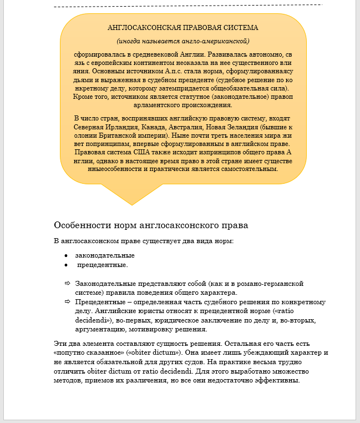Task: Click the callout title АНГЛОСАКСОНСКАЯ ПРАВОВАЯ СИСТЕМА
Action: tap(183, 27)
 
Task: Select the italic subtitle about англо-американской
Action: tap(183, 41)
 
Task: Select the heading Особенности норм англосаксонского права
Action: tap(151, 225)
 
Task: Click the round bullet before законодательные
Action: tap(67, 256)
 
